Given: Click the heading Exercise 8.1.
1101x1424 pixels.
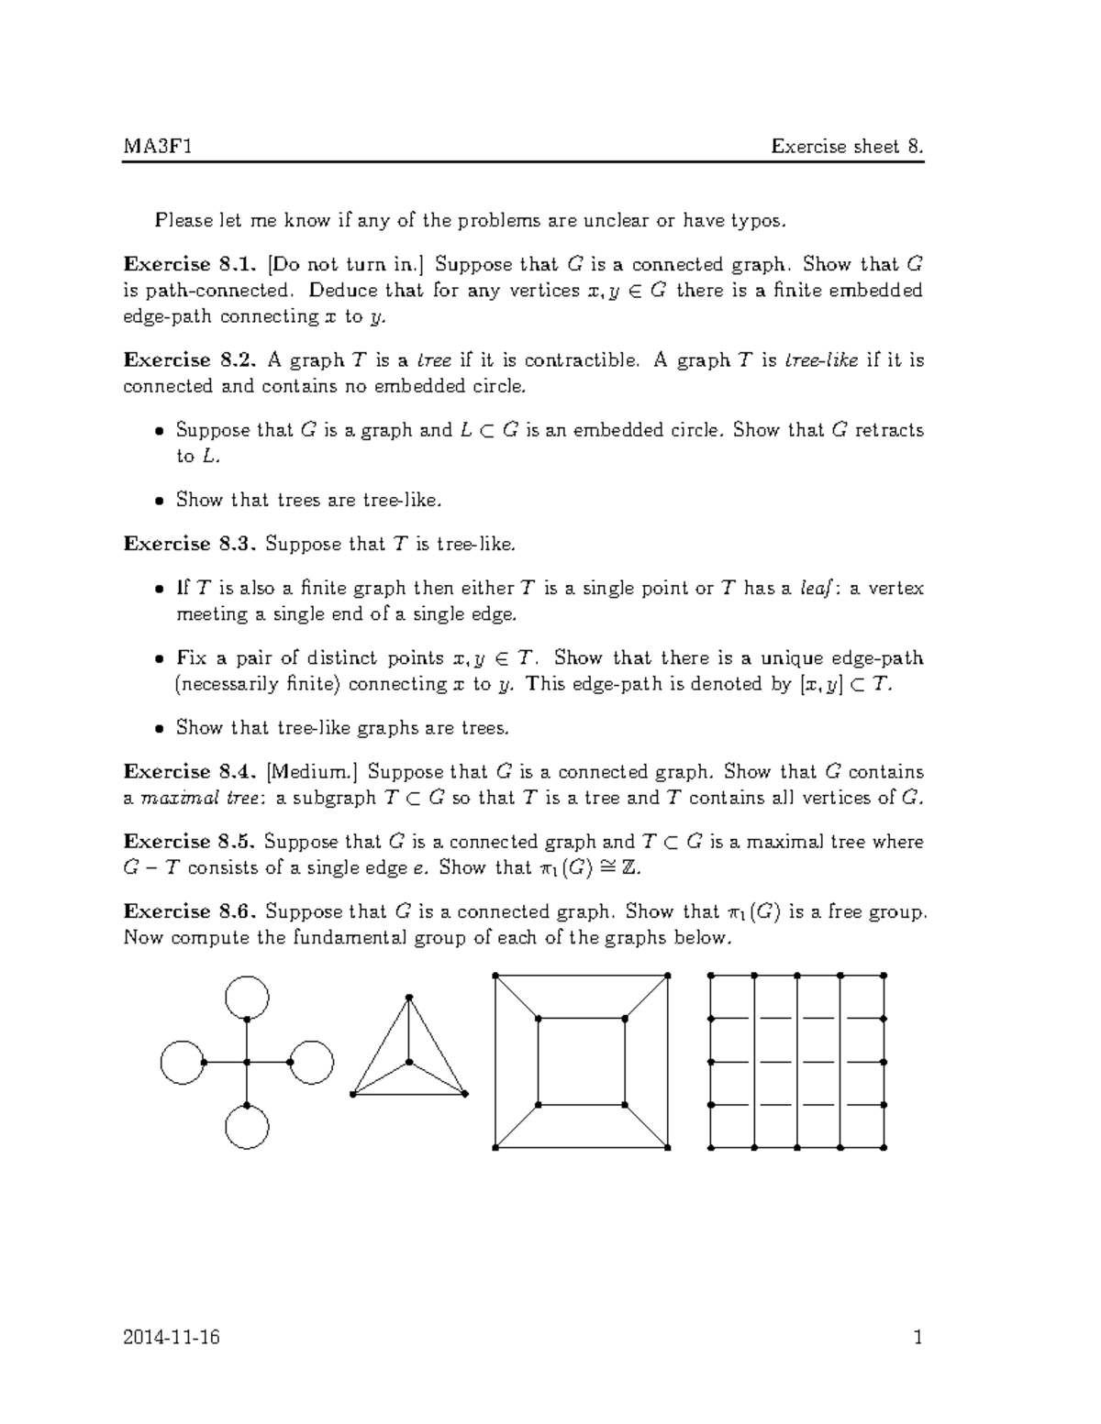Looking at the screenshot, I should click(x=181, y=265).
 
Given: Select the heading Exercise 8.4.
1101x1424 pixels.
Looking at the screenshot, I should click(x=181, y=772).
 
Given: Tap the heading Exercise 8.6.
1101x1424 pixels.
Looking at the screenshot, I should click(x=181, y=911).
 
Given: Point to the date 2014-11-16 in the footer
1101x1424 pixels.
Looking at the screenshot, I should click(x=172, y=1338).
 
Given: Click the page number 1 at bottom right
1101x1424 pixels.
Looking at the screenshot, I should click(x=917, y=1338).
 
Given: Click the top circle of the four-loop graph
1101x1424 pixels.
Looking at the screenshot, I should click(x=247, y=998).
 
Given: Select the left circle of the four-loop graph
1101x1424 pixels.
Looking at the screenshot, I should click(x=182, y=1062).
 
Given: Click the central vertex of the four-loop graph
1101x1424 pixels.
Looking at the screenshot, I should click(x=247, y=1062).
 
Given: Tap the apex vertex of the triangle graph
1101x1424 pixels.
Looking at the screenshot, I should click(x=409, y=997).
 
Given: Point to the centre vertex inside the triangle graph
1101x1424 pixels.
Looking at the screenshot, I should click(x=409, y=1062).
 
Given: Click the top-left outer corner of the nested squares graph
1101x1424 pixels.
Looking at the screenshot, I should click(x=495, y=976).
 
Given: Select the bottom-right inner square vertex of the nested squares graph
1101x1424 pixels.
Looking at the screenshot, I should click(x=625, y=1104).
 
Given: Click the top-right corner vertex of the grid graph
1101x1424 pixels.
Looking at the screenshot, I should click(x=884, y=976).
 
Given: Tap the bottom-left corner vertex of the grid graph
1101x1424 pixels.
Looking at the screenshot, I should click(x=711, y=1147).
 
